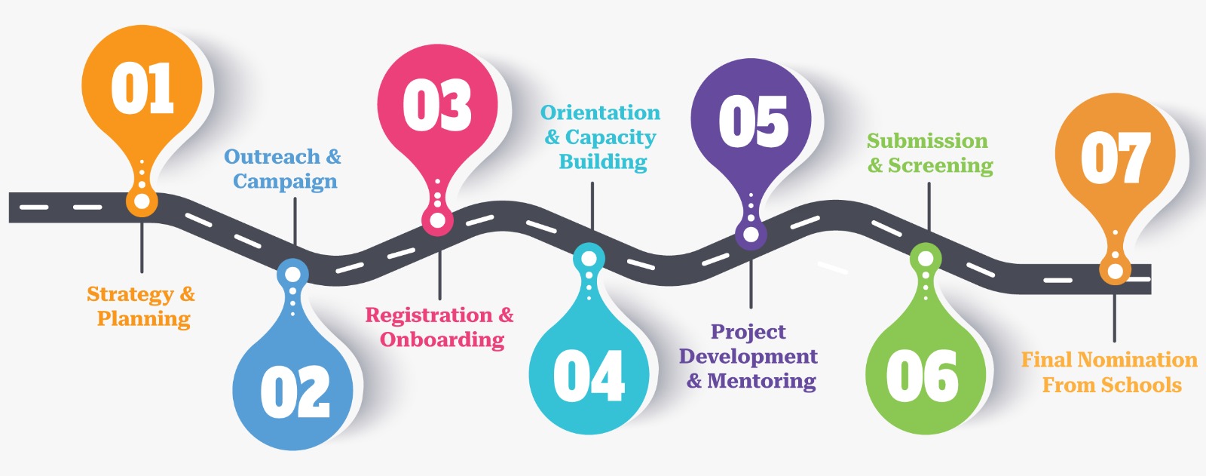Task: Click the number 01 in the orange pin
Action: pos(142,88)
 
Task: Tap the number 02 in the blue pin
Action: pos(295,392)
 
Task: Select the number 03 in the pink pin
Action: pos(437,105)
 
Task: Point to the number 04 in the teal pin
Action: pos(589,375)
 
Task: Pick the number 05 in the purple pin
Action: pos(753,122)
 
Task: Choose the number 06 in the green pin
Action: pos(923,375)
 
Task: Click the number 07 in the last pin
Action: pos(1116,158)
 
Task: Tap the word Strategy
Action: pos(130,295)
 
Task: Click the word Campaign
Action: pos(286,182)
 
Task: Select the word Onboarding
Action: pos(442,340)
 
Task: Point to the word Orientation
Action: pos(600,112)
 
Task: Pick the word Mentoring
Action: pos(761,381)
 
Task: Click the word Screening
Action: pos(941,165)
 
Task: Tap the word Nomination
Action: pos(1137,360)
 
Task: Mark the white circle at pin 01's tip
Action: pos(142,201)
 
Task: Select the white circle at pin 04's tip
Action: pos(589,259)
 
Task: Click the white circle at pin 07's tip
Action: pos(1115,271)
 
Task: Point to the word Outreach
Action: pos(272,157)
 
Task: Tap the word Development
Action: pos(748,357)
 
